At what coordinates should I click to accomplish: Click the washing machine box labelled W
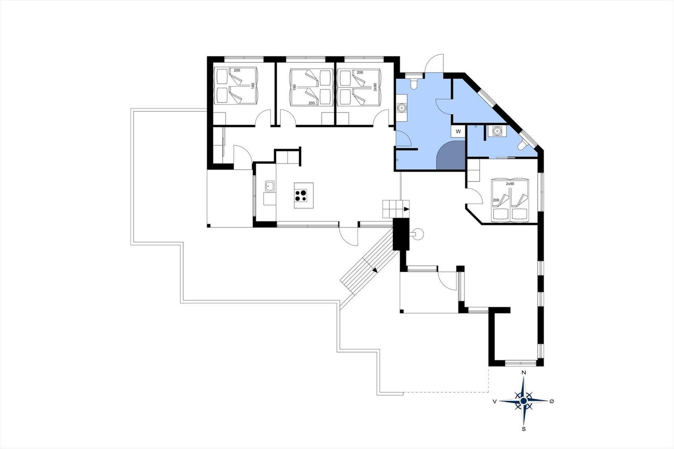(x=458, y=131)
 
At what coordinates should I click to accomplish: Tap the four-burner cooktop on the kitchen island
(x=301, y=195)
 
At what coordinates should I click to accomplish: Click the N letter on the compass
(x=524, y=373)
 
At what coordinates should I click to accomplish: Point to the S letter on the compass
(x=524, y=429)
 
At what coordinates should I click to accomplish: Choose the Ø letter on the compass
(x=551, y=401)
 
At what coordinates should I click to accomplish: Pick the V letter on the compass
(x=495, y=401)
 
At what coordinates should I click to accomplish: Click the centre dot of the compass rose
(x=524, y=401)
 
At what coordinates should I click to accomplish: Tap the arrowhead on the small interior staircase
(x=407, y=209)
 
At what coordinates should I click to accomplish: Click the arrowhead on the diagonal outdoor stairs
(x=375, y=270)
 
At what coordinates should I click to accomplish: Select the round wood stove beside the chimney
(x=418, y=233)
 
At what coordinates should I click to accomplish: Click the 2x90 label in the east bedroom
(x=510, y=184)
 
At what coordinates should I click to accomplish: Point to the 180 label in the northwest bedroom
(x=253, y=86)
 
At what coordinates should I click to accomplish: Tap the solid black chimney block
(x=401, y=234)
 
